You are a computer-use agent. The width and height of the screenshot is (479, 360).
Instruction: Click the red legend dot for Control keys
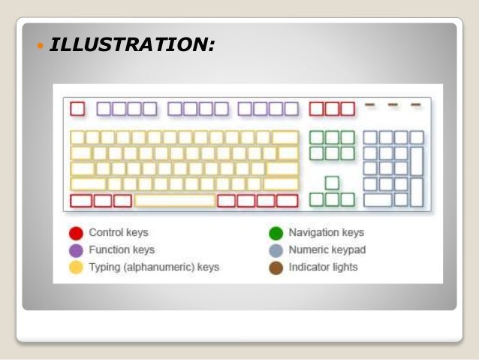pyautogui.click(x=76, y=233)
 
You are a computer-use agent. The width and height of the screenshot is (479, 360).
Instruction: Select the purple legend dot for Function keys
pyautogui.click(x=76, y=250)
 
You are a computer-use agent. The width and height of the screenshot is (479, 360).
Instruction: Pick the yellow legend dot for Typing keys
pyautogui.click(x=76, y=268)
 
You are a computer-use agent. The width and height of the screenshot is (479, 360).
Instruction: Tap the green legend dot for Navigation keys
pyautogui.click(x=276, y=233)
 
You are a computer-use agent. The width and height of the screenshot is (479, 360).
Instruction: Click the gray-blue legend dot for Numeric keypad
pyautogui.click(x=276, y=250)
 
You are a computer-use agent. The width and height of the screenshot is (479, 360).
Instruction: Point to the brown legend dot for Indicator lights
pyautogui.click(x=276, y=268)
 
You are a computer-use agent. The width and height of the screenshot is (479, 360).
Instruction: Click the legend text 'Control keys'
pyautogui.click(x=119, y=233)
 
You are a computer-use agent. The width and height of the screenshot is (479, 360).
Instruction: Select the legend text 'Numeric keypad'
pyautogui.click(x=327, y=250)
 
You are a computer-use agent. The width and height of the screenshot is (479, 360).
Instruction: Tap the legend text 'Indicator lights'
pyautogui.click(x=324, y=268)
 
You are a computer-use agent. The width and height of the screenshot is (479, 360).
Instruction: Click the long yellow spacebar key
pyautogui.click(x=175, y=201)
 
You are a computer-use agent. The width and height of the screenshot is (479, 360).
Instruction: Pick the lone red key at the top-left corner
pyautogui.click(x=77, y=109)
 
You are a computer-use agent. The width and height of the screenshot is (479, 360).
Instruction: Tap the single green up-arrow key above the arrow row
pyautogui.click(x=332, y=183)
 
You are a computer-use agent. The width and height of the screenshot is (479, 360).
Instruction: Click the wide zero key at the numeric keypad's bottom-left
pyautogui.click(x=378, y=200)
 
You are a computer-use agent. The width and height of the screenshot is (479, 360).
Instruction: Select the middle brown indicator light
pyautogui.click(x=393, y=104)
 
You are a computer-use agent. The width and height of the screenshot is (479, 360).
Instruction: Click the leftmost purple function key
pyautogui.click(x=104, y=109)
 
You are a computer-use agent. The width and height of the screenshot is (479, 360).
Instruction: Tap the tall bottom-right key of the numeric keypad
pyautogui.click(x=417, y=192)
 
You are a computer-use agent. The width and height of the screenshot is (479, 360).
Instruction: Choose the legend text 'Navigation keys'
pyautogui.click(x=326, y=233)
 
